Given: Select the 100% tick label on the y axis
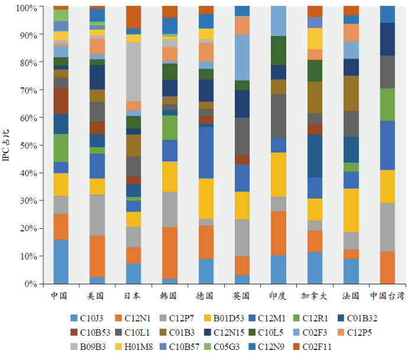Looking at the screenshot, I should [26, 8].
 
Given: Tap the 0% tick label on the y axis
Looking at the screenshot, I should [31, 284].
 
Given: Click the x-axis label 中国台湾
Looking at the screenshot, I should [387, 296].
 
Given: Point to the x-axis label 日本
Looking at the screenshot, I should [134, 296].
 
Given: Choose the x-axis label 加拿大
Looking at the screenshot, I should [315, 296].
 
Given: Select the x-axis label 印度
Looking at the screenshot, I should [279, 296].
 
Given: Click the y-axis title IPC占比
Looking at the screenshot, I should [7, 145].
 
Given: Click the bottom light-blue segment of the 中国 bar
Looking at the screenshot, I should [61, 261].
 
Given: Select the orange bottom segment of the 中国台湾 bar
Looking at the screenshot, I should [387, 267].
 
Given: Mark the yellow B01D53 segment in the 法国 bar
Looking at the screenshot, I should [351, 210].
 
